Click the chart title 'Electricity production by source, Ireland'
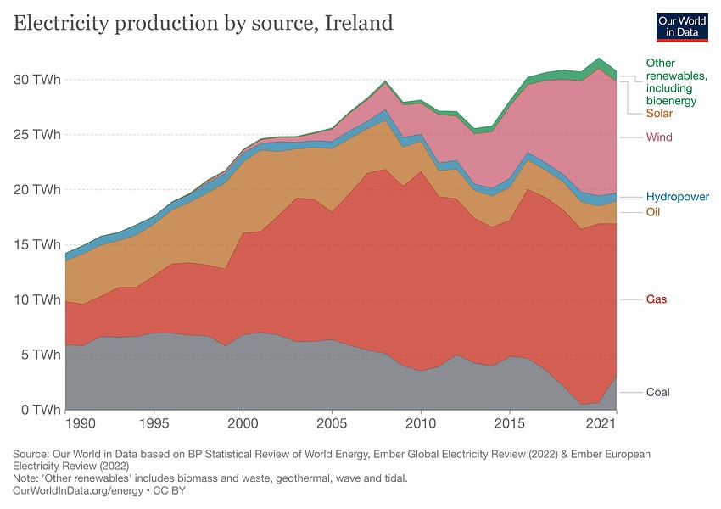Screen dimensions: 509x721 pyautogui.click(x=203, y=23)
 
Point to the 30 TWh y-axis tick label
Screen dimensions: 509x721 pyautogui.click(x=35, y=80)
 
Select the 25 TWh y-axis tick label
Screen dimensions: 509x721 pyautogui.click(x=35, y=134)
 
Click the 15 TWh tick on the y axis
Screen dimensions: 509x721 pyautogui.click(x=35, y=244)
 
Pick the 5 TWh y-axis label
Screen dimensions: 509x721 pyautogui.click(x=38, y=354)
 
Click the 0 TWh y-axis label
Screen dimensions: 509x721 pyautogui.click(x=38, y=409)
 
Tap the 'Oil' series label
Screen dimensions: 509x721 pyautogui.click(x=653, y=212)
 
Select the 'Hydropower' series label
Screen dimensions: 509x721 pyautogui.click(x=677, y=197)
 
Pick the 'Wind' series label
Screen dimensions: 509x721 pyautogui.click(x=659, y=137)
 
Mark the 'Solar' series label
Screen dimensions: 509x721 pyautogui.click(x=660, y=114)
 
